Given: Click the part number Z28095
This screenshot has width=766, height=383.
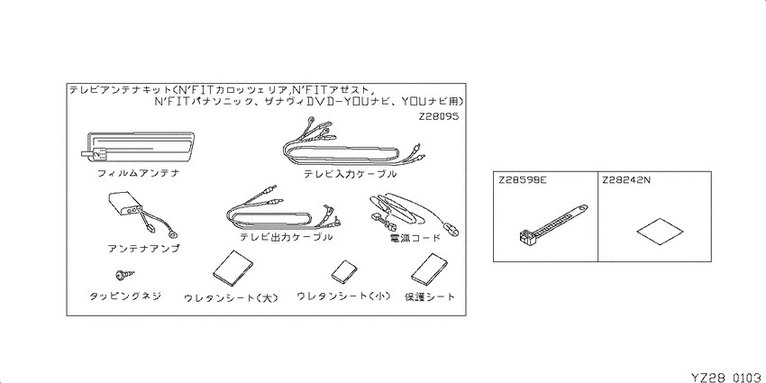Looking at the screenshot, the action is coord(438,117).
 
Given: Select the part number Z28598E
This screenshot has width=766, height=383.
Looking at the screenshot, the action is coord(522,179).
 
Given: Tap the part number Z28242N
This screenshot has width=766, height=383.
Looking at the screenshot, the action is coord(626,179).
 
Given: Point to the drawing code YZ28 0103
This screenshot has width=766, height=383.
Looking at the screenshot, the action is coord(727,377).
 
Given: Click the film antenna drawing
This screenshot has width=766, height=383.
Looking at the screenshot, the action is coord(138,147).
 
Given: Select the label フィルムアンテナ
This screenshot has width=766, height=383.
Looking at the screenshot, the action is coord(138,172).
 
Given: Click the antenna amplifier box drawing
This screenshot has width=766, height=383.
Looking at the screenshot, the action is coord(130,211).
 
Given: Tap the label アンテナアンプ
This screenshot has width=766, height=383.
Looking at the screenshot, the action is coord(143,248).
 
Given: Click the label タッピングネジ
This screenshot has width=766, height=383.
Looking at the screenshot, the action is coord(125,296).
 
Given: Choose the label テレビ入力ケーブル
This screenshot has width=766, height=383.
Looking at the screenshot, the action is coord(350,173).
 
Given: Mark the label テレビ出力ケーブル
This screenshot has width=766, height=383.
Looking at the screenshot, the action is coord(287,237).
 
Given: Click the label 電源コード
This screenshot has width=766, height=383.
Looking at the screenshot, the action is coord(413,238).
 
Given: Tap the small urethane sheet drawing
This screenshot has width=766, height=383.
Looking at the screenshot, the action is coord(344,272).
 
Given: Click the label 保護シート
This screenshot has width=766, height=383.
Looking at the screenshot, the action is coord(430,296).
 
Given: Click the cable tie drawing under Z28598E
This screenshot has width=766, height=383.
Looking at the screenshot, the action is coord(551,223).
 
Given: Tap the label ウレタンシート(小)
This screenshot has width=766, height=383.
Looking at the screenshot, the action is coord(344,296).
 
